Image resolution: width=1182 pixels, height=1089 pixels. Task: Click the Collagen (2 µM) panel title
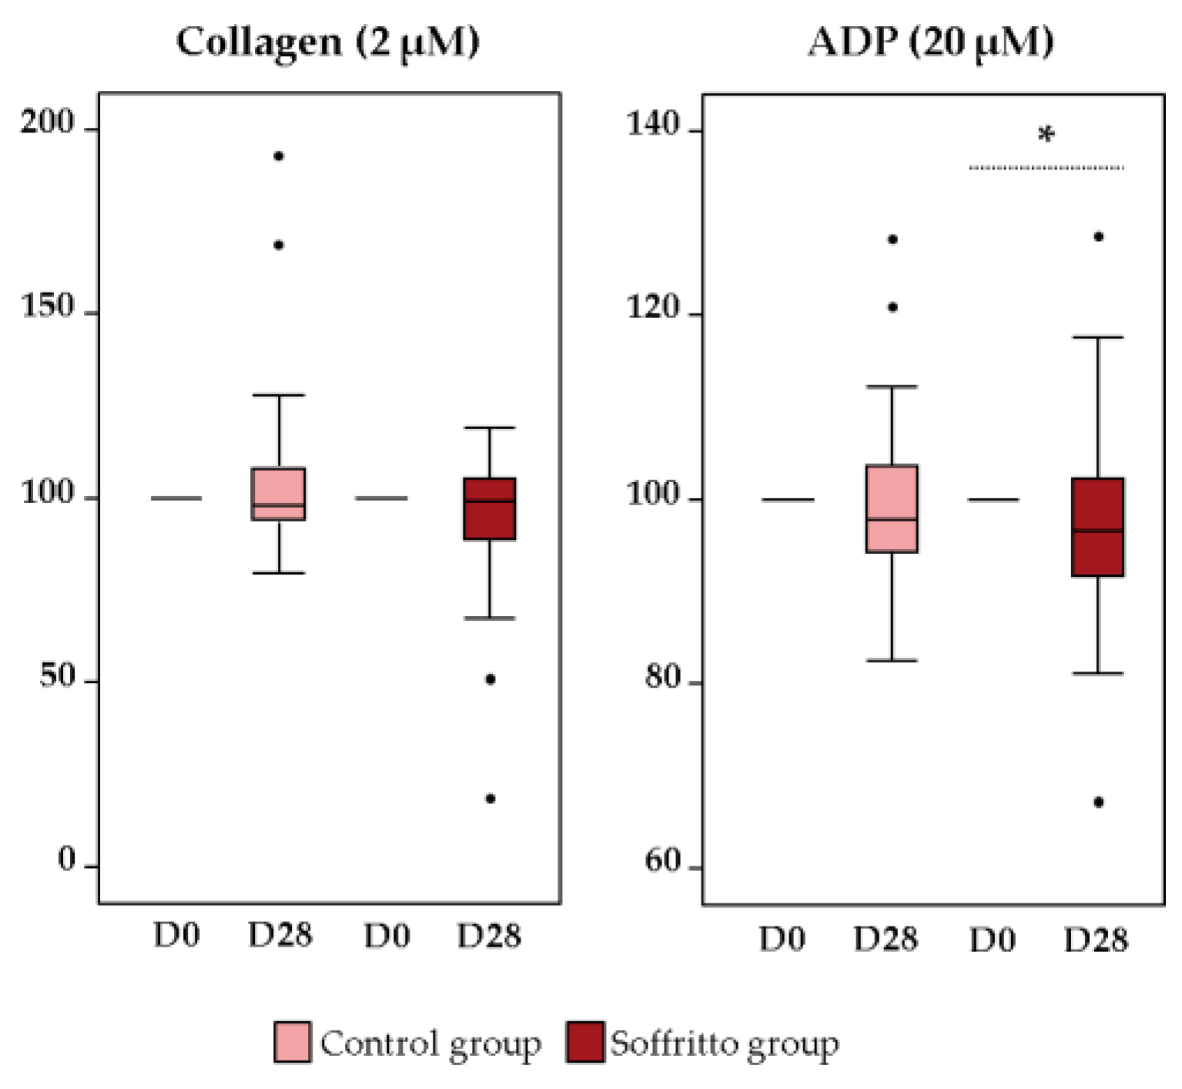[327, 42]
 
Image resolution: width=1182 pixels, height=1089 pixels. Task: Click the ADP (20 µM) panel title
[931, 42]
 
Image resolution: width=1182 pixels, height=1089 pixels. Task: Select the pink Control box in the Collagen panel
[279, 494]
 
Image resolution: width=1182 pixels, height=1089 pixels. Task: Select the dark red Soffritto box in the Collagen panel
[490, 509]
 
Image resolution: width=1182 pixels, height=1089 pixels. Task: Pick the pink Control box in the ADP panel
[892, 509]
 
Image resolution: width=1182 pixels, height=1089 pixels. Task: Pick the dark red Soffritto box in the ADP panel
[1098, 528]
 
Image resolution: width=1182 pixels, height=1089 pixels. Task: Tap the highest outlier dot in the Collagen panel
[279, 156]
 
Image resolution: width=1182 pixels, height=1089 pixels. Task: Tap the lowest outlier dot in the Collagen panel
[490, 799]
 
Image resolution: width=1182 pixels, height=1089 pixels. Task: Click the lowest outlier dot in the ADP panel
[1099, 803]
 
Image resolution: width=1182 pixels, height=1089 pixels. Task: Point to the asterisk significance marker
[1046, 136]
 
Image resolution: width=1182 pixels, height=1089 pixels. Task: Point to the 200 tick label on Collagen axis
[47, 122]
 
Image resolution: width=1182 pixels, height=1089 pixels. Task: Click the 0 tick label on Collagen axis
[67, 860]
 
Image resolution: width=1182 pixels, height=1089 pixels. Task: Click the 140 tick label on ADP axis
[653, 124]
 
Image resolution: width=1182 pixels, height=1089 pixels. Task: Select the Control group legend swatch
[293, 1042]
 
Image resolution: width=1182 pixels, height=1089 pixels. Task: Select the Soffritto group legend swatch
[584, 1042]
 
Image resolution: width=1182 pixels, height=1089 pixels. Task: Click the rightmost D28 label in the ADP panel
[1096, 940]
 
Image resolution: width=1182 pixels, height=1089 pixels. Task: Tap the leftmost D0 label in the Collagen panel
[176, 936]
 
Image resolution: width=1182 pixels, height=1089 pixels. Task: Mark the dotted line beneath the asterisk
[1046, 167]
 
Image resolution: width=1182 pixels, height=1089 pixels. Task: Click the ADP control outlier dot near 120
[892, 307]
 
